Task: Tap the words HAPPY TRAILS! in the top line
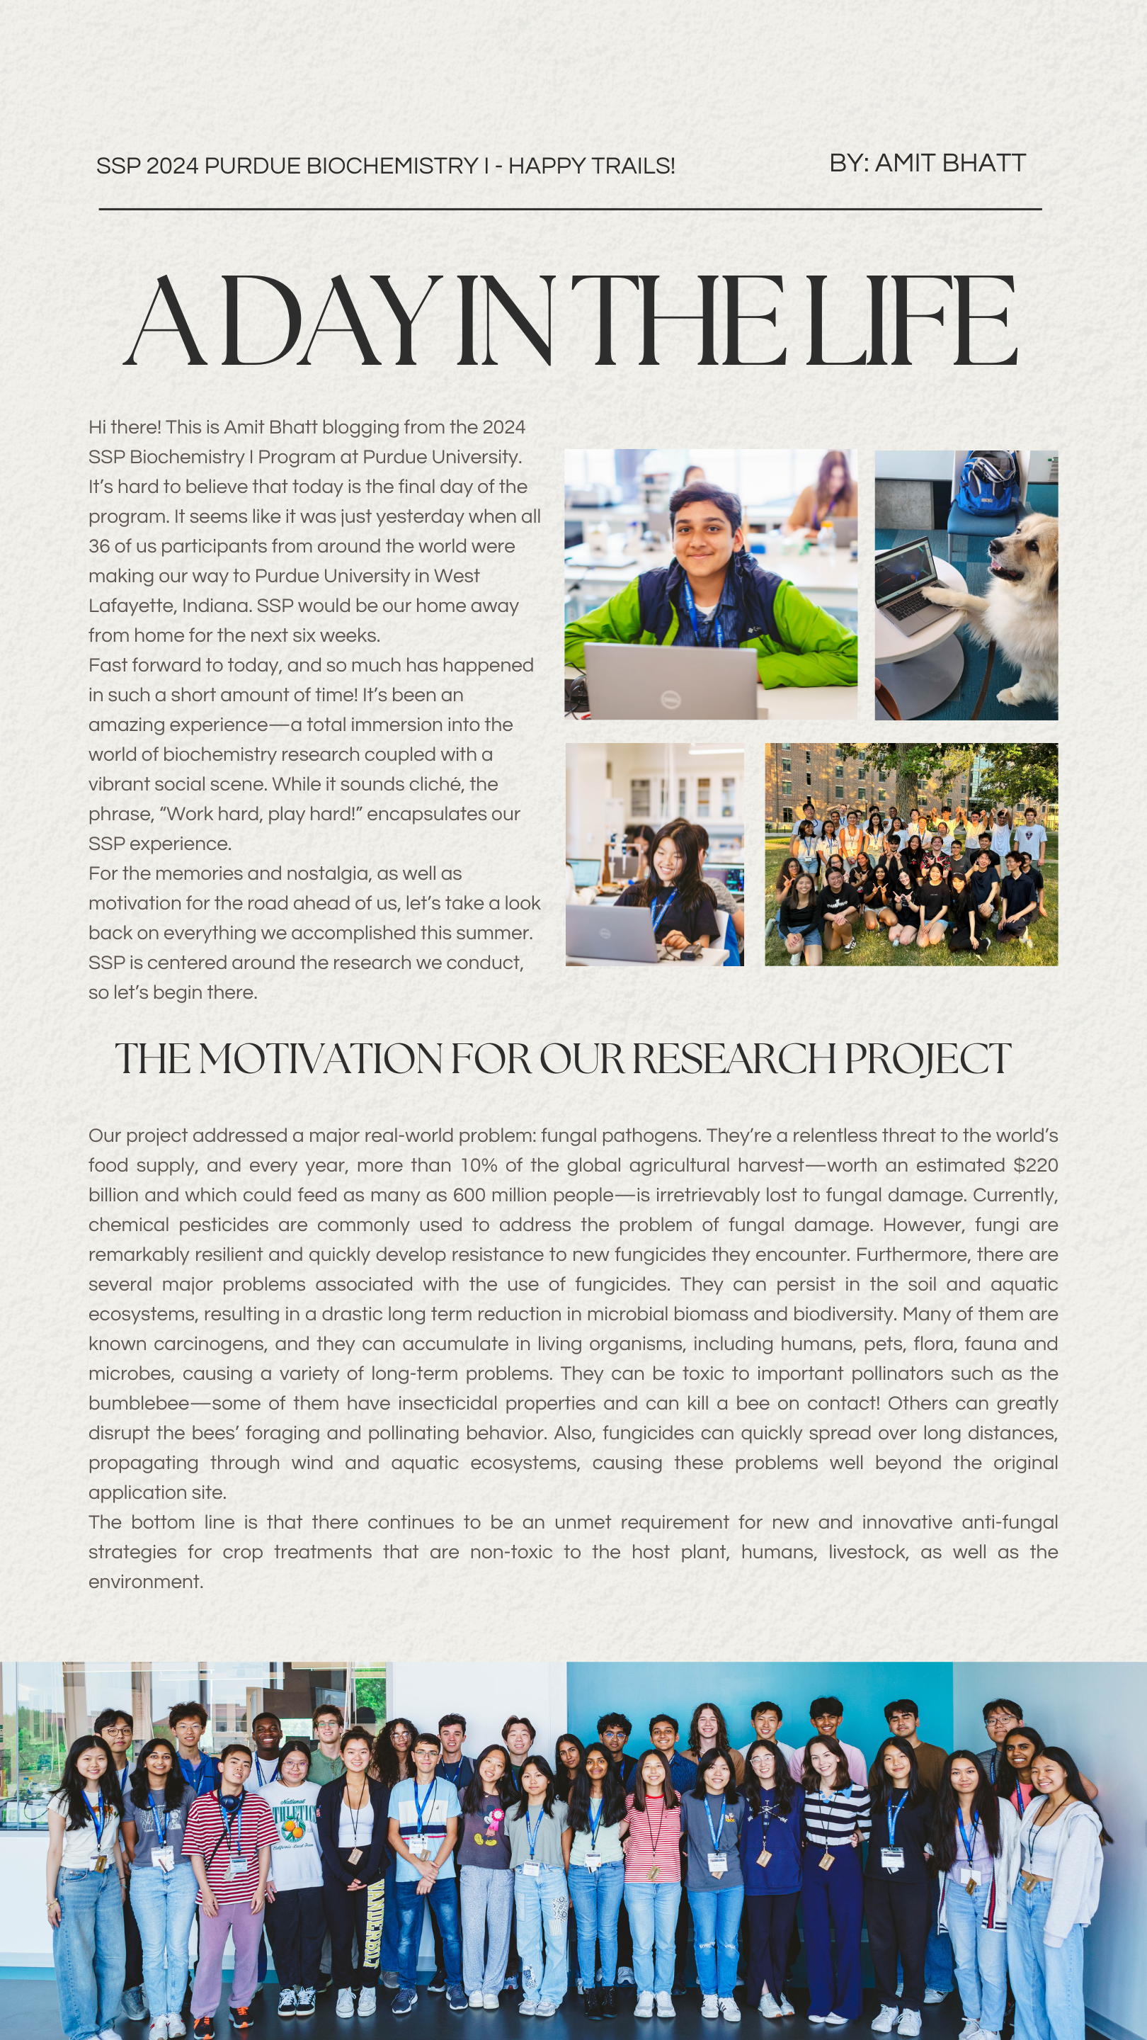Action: [x=591, y=166]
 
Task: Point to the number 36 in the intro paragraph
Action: [x=99, y=546]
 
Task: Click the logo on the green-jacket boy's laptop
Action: [x=670, y=698]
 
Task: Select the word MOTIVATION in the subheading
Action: [x=321, y=1059]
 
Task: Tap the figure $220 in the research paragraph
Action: [x=1034, y=1165]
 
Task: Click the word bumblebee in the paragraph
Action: [x=139, y=1403]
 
